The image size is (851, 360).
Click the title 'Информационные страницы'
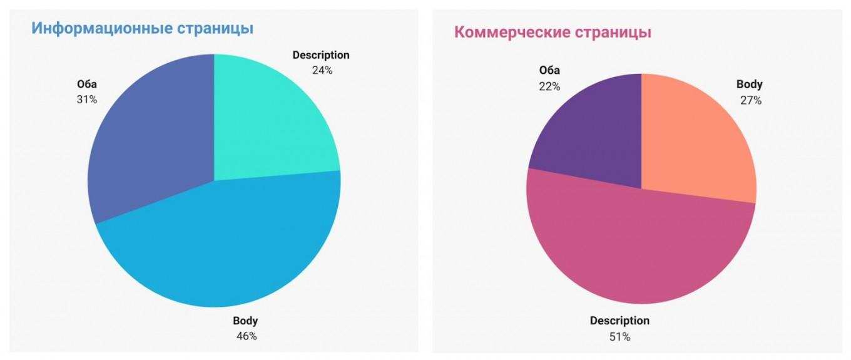[x=142, y=29]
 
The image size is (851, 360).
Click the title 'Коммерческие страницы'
[x=553, y=33]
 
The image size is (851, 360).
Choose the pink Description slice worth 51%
[x=638, y=250]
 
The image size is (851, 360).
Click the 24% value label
[x=322, y=70]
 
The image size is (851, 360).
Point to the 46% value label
[x=246, y=336]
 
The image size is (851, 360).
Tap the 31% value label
[x=87, y=99]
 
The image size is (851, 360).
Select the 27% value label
[x=750, y=100]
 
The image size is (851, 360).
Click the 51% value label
[x=619, y=337]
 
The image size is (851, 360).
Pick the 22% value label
[x=549, y=86]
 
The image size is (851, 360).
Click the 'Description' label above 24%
[x=321, y=55]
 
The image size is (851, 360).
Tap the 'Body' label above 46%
[x=245, y=321]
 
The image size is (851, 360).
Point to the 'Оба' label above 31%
[x=87, y=84]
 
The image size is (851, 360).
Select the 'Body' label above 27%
[x=749, y=85]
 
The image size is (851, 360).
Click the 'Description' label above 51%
[x=619, y=321]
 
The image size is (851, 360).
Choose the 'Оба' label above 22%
[x=549, y=70]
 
